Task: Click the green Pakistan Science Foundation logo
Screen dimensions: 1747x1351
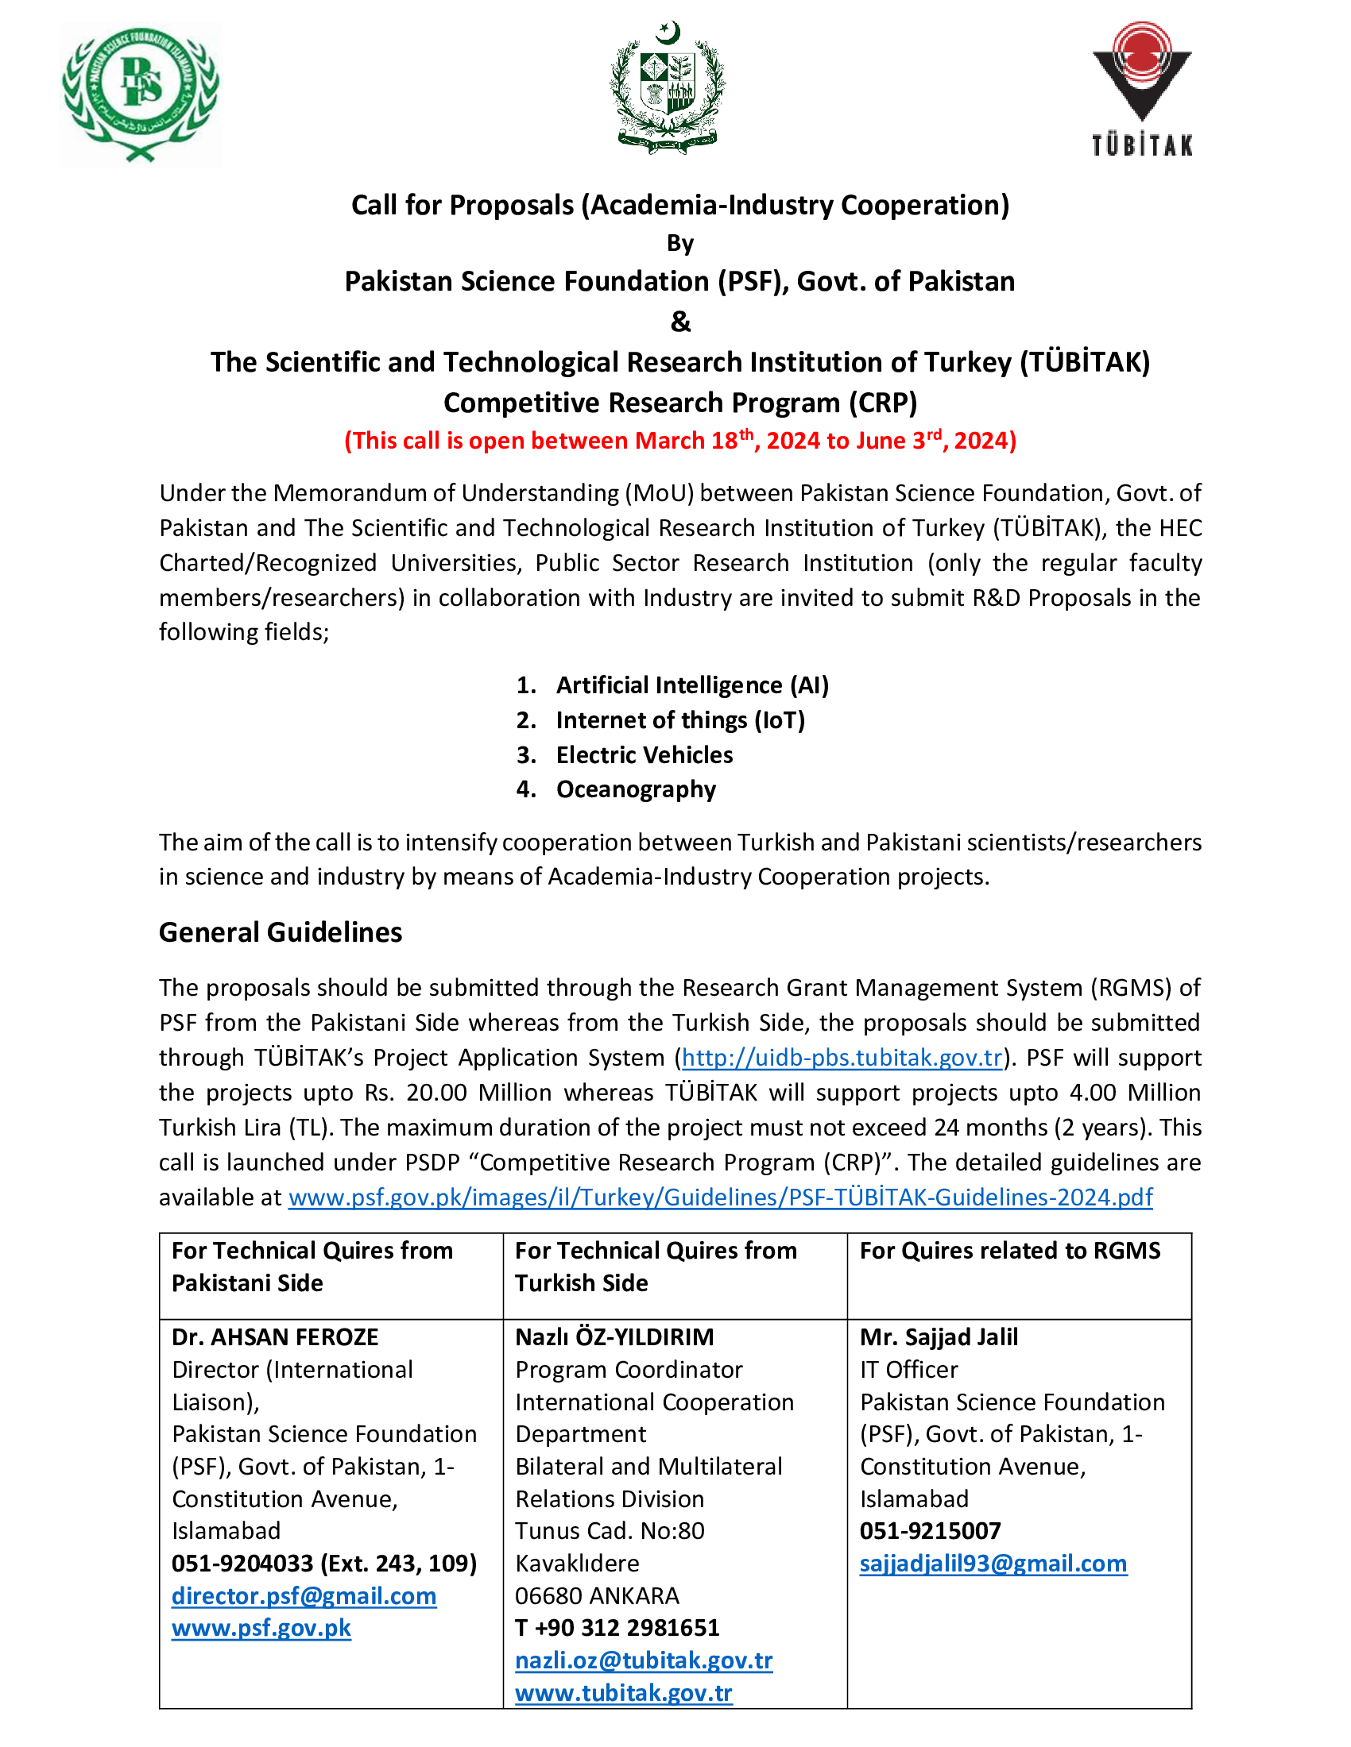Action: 141,94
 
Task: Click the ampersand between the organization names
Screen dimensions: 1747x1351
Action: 680,322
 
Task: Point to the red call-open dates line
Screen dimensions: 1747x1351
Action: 680,441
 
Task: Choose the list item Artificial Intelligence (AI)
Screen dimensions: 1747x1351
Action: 692,685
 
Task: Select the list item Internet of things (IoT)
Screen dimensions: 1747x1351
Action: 680,720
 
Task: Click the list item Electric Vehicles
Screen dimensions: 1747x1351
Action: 645,755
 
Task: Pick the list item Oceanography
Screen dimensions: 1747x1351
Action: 637,789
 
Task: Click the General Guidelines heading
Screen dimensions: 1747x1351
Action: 280,933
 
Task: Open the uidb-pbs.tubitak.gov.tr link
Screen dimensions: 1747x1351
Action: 842,1058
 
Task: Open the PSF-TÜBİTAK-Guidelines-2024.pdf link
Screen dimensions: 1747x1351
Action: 720,1197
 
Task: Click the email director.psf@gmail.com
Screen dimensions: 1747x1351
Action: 304,1596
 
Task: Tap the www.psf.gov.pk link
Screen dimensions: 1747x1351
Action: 261,1628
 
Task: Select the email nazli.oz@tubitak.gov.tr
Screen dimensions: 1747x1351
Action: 645,1660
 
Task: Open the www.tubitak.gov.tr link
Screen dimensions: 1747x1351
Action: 624,1693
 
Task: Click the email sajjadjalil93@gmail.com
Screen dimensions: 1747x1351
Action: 993,1563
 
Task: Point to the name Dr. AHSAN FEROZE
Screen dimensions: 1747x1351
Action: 274,1337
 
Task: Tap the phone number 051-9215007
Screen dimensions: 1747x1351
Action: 930,1531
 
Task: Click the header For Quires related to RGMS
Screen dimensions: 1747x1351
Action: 1010,1251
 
